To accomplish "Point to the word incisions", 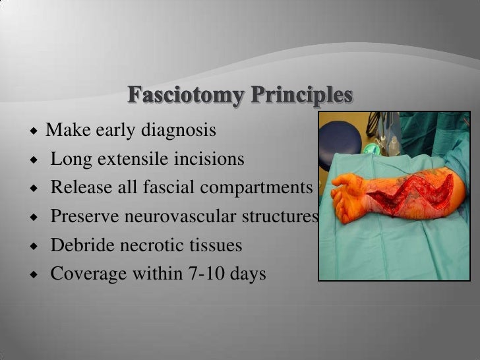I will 212,160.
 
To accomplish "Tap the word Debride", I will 77,245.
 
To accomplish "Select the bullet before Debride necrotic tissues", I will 32,246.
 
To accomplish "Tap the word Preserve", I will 80,217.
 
